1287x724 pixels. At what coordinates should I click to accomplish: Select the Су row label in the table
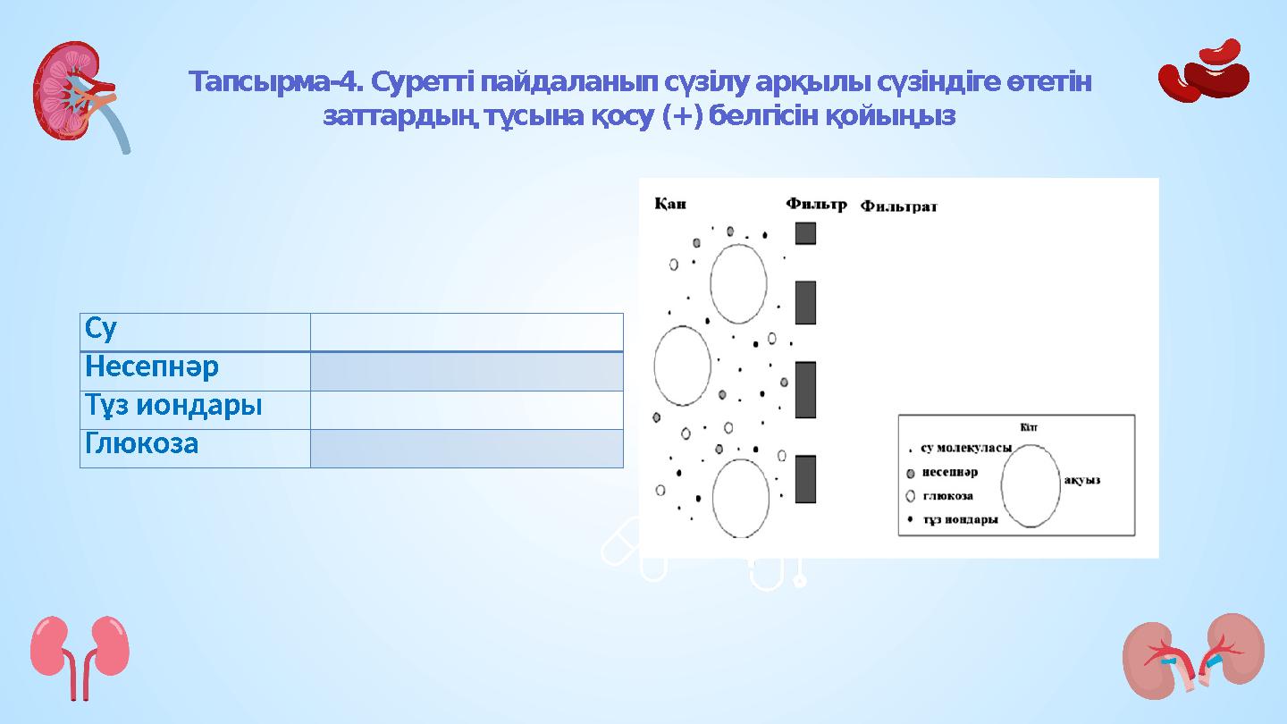point(101,330)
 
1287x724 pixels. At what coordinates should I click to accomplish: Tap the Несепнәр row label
point(152,367)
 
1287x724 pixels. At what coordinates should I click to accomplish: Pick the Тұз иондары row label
point(173,406)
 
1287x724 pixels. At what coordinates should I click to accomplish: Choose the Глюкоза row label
point(141,444)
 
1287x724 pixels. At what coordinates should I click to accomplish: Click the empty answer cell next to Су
point(466,332)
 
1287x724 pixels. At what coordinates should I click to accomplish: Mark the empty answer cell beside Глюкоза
point(466,448)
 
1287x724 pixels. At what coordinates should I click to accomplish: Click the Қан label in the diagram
point(670,203)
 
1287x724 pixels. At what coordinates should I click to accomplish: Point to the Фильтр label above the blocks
point(816,204)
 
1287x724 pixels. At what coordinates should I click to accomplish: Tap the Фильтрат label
point(898,206)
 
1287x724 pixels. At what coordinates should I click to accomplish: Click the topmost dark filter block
point(805,233)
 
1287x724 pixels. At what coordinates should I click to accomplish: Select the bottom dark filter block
point(805,479)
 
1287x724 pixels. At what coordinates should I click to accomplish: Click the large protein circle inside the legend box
point(1030,486)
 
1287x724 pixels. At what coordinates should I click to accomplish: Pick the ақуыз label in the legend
point(1081,480)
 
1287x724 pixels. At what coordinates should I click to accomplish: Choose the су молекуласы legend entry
point(965,448)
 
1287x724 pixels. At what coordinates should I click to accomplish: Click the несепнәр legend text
point(949,472)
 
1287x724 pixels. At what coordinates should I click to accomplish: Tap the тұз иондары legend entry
point(959,519)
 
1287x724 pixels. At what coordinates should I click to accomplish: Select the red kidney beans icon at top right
point(1204,72)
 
